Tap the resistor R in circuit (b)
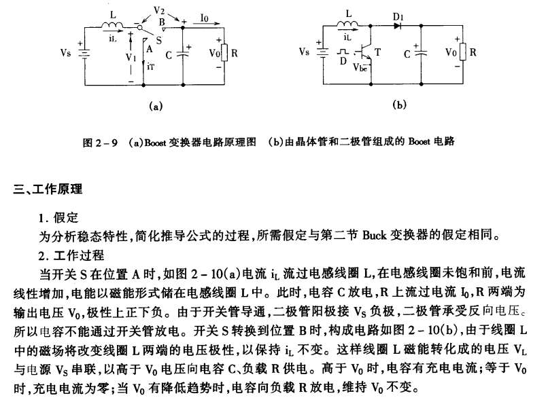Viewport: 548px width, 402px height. (463, 52)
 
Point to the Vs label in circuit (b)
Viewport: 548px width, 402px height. (305, 52)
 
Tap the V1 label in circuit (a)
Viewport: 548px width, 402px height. (131, 58)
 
